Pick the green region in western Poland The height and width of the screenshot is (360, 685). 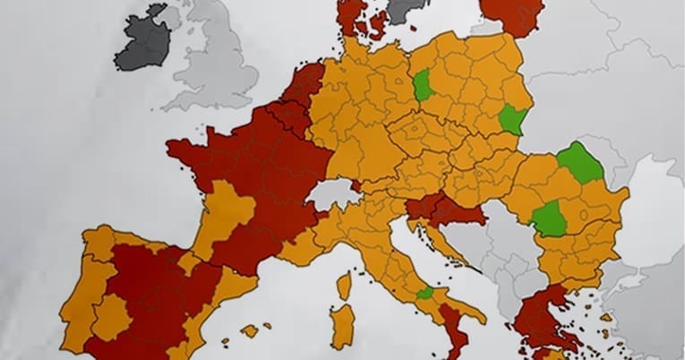[423, 87]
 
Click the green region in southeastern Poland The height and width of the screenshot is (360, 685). [512, 119]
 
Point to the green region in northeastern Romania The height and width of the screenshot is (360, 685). [580, 162]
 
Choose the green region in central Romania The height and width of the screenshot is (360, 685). [549, 219]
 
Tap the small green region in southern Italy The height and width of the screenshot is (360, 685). [424, 293]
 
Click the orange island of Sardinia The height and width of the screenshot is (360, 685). [342, 326]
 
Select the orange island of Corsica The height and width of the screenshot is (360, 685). [344, 286]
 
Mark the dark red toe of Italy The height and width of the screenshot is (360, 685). [455, 337]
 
